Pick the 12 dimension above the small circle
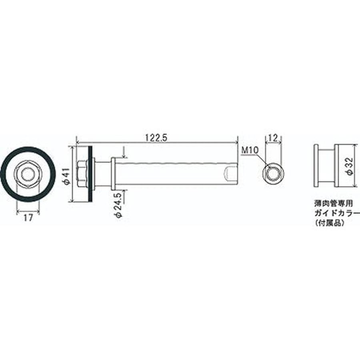point(274,138)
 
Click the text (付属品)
point(330,222)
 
